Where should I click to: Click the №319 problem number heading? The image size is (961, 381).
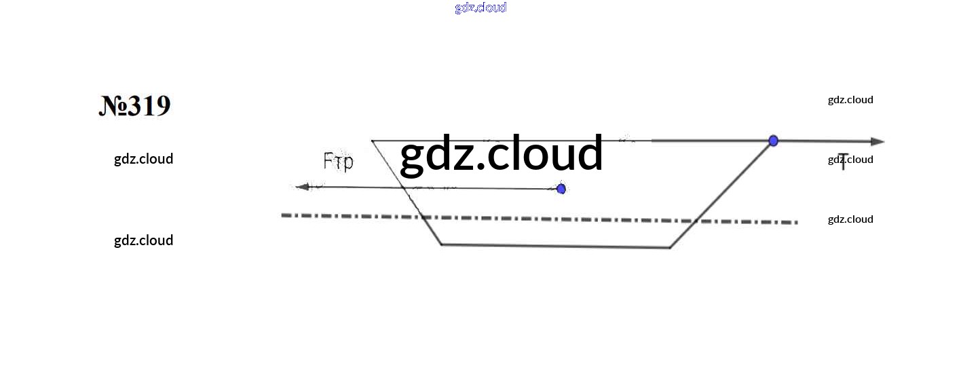click(x=134, y=106)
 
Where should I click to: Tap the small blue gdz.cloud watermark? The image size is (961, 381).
click(x=480, y=7)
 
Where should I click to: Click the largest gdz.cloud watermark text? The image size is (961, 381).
click(x=501, y=153)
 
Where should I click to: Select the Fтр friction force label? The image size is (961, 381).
click(x=338, y=162)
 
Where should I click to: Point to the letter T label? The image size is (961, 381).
click(x=843, y=163)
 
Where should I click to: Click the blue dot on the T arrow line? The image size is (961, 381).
click(x=773, y=141)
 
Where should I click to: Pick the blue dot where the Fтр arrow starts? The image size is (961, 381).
click(x=561, y=189)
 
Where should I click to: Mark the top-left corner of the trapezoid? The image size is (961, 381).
click(x=373, y=141)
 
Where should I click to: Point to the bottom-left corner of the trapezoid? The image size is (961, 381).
click(x=441, y=244)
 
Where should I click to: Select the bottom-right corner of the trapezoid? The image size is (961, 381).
click(x=670, y=248)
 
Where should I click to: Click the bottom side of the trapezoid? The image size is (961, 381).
click(x=555, y=246)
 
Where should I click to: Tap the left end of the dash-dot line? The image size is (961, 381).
click(x=284, y=215)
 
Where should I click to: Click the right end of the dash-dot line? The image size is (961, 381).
click(x=795, y=222)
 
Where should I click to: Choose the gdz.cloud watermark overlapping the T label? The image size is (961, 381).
click(x=850, y=160)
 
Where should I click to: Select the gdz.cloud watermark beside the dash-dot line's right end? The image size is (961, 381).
click(x=850, y=219)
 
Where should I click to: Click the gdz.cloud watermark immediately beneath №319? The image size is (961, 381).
click(x=143, y=159)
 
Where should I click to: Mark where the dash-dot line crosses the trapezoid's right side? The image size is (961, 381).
click(x=694, y=221)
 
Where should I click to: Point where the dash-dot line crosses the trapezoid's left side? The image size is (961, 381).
click(x=422, y=217)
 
